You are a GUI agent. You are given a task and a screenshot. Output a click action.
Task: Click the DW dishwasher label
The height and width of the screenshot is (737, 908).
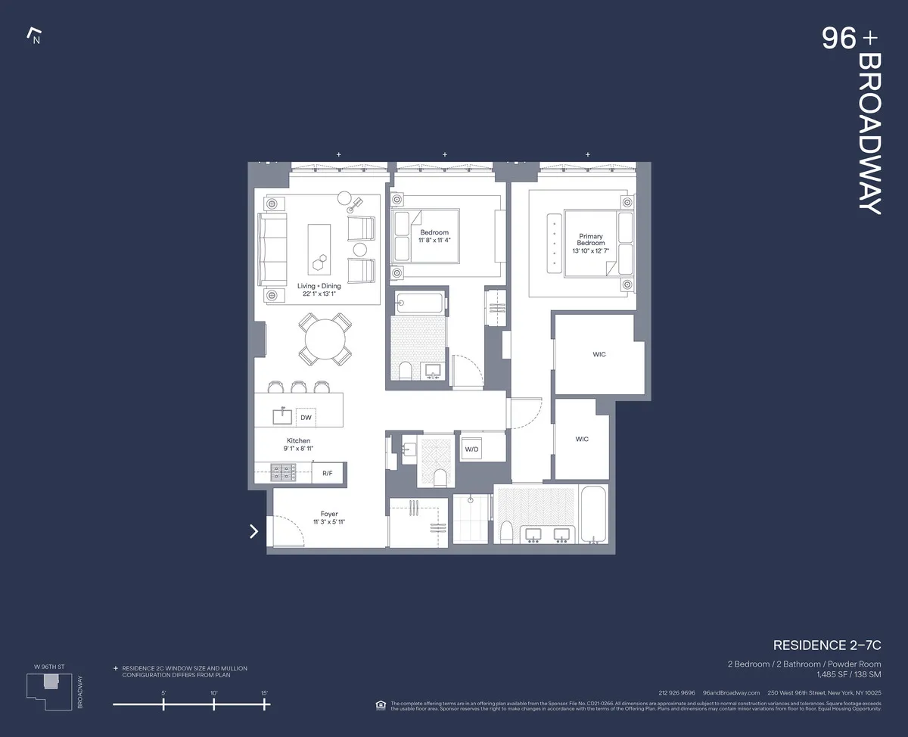(306, 417)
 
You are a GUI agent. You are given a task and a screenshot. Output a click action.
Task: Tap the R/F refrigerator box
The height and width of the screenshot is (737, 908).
(328, 473)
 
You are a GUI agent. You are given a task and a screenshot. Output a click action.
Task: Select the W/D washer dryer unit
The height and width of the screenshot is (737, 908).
(471, 449)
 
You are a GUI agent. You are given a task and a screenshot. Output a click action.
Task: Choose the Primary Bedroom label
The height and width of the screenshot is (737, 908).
(591, 239)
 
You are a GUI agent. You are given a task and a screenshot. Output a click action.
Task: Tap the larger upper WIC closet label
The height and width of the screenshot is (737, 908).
(599, 354)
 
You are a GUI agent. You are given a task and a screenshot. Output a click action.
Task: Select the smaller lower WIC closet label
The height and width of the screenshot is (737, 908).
(581, 439)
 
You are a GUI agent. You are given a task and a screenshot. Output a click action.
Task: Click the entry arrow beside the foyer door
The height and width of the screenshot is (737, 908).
(254, 531)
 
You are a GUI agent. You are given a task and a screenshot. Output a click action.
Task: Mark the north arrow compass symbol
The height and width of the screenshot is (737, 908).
(33, 34)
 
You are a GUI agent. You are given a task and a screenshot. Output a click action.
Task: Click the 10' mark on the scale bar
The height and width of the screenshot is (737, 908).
(214, 704)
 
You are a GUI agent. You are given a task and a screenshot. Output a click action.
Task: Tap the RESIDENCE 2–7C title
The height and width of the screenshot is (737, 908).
(827, 645)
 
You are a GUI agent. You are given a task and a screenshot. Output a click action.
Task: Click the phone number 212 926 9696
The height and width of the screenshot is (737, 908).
(676, 692)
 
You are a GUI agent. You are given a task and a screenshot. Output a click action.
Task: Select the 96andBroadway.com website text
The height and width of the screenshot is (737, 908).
(731, 692)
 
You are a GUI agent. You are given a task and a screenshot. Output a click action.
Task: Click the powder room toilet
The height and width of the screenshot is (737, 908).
(439, 477)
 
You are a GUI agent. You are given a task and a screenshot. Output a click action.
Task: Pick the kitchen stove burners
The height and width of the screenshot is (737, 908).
(283, 473)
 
